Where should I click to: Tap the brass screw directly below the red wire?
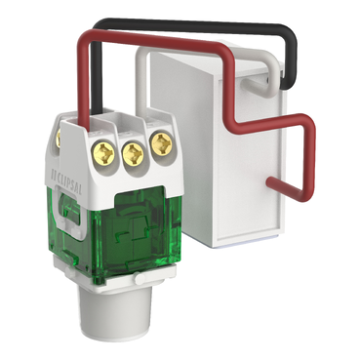(x=103, y=151)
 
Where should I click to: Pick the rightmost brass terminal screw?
(x=160, y=143)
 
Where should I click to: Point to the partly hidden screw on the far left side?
(x=59, y=138)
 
